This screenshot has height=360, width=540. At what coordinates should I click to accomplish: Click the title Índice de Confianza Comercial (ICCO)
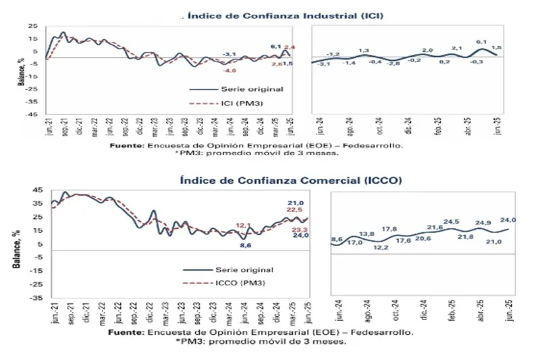tap(292, 181)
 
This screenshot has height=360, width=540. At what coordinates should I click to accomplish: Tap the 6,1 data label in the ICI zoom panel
tap(481, 42)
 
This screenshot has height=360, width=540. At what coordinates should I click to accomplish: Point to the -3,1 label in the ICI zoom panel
tap(325, 63)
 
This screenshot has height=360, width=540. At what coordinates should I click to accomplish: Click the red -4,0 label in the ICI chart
tap(230, 71)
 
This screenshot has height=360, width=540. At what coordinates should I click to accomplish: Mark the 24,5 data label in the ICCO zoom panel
tap(451, 221)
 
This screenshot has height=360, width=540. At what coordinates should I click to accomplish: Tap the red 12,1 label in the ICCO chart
tap(244, 225)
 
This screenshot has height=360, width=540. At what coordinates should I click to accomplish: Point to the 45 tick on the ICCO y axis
tap(38, 190)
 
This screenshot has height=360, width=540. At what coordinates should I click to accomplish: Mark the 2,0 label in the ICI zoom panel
tap(427, 51)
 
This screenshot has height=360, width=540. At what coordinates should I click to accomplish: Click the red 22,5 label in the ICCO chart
tap(295, 210)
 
